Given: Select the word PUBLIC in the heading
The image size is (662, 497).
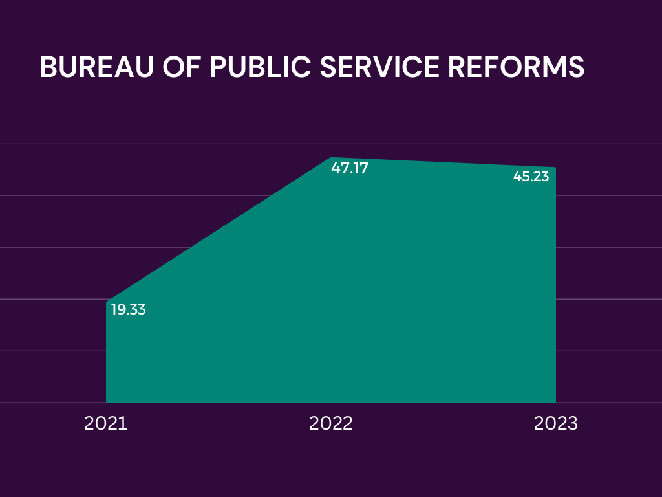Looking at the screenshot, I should pos(259,68).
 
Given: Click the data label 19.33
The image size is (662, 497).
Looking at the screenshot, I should pos(128,309).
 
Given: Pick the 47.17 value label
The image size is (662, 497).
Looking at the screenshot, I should pos(349,168).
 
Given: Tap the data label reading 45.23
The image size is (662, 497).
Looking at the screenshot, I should pos(531,176).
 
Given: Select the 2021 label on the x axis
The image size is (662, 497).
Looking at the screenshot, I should pos(106,424).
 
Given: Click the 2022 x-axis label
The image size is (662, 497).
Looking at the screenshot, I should pos(331,424).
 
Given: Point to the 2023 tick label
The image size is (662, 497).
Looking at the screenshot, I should pos(555,424).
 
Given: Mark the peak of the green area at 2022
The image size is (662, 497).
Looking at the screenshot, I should pos(331,157).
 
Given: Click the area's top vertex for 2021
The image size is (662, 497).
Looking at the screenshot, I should pos(107,302).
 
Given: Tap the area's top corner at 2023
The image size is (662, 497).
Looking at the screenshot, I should pos(555,168).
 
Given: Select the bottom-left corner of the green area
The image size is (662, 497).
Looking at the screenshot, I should pos(107,402).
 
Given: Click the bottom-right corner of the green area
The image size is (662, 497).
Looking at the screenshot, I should pos(555,402).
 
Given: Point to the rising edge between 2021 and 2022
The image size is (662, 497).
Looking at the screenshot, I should pos(219,230).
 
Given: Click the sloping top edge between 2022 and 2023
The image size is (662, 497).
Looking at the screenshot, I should pos(443,162).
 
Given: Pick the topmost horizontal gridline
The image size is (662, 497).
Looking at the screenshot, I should pos(52,144).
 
